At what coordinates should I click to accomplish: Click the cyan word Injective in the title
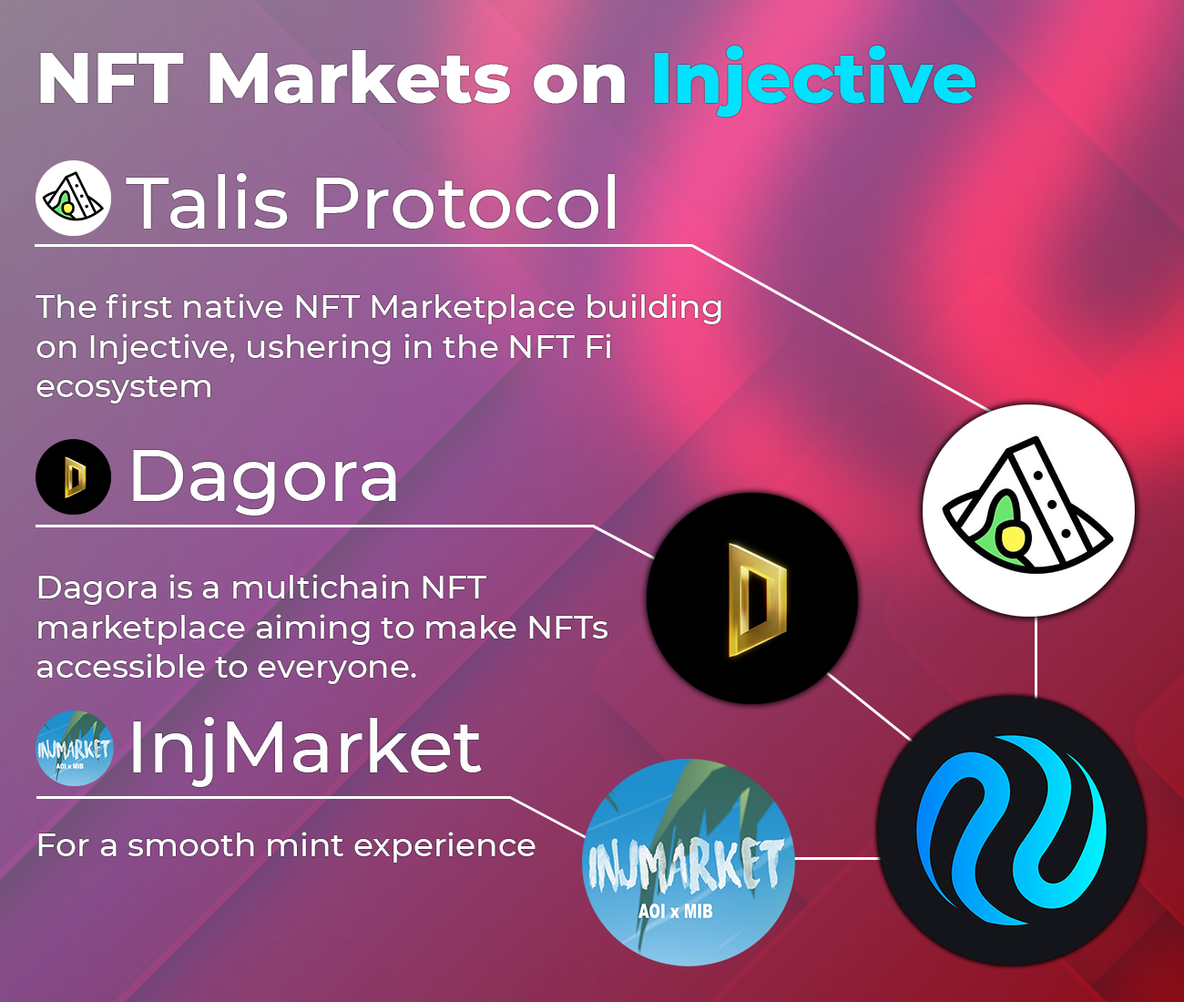(813, 80)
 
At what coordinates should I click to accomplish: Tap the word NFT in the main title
(109, 80)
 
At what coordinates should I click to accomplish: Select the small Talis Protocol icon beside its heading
(73, 199)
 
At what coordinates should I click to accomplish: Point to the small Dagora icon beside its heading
(73, 477)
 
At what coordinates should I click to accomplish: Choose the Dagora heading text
(264, 475)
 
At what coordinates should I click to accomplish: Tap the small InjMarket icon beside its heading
(74, 749)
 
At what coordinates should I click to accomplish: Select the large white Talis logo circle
(1028, 510)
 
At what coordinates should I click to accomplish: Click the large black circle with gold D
(752, 598)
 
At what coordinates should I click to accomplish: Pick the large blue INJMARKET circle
(688, 862)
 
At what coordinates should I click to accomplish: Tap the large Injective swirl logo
(1011, 830)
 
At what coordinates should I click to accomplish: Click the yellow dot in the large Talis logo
(1011, 540)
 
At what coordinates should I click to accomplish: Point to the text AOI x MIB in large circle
(675, 911)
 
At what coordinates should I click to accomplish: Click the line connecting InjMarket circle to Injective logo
(836, 858)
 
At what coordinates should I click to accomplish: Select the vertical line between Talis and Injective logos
(1036, 656)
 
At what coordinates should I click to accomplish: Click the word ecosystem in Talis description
(124, 387)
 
